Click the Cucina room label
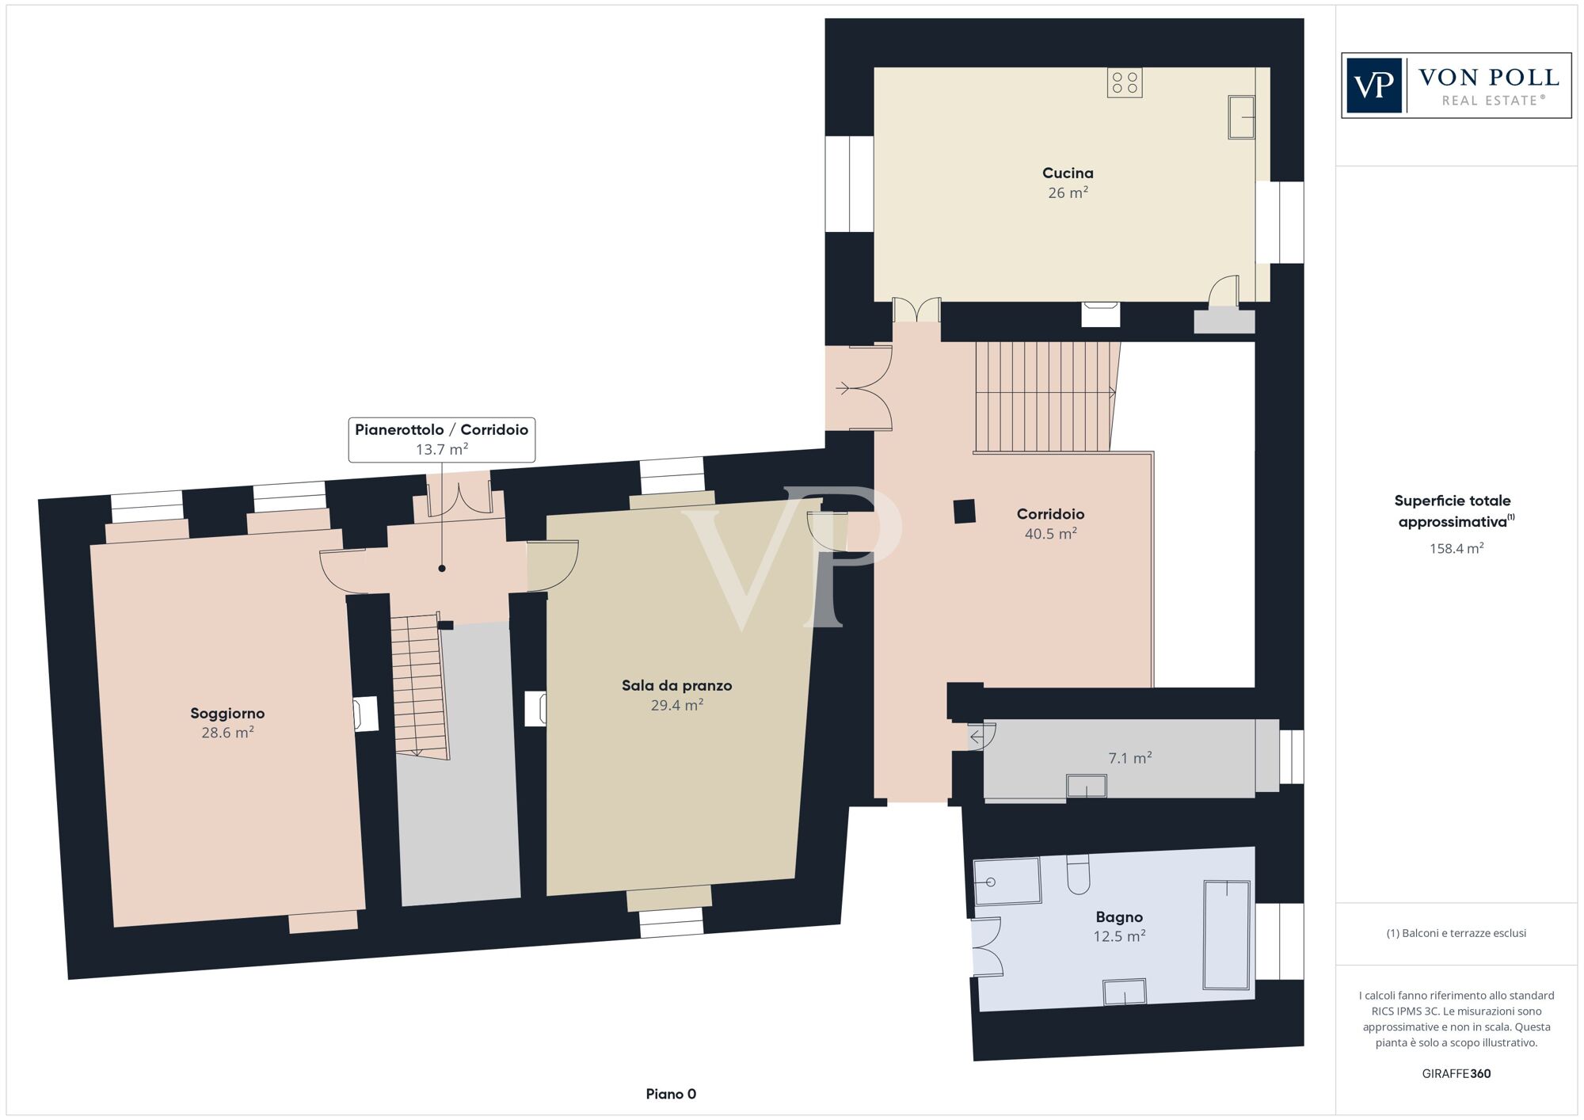click(1068, 173)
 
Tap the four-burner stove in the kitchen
click(1125, 83)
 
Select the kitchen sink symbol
click(1241, 117)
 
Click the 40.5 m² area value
click(1050, 534)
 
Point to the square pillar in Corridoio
click(965, 511)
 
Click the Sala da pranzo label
click(676, 685)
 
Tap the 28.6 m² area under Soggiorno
click(227, 733)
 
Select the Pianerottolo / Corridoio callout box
click(442, 440)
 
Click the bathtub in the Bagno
click(1227, 935)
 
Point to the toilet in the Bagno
click(1078, 874)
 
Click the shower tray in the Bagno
click(1007, 880)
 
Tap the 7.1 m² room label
click(1129, 758)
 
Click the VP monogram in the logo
click(1374, 86)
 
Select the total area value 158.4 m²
click(1456, 548)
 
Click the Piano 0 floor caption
click(671, 1094)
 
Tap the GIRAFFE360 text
click(1456, 1073)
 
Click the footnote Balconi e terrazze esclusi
click(1456, 933)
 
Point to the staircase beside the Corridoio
click(1044, 396)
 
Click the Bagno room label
click(1119, 916)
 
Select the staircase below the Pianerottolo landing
click(419, 686)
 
